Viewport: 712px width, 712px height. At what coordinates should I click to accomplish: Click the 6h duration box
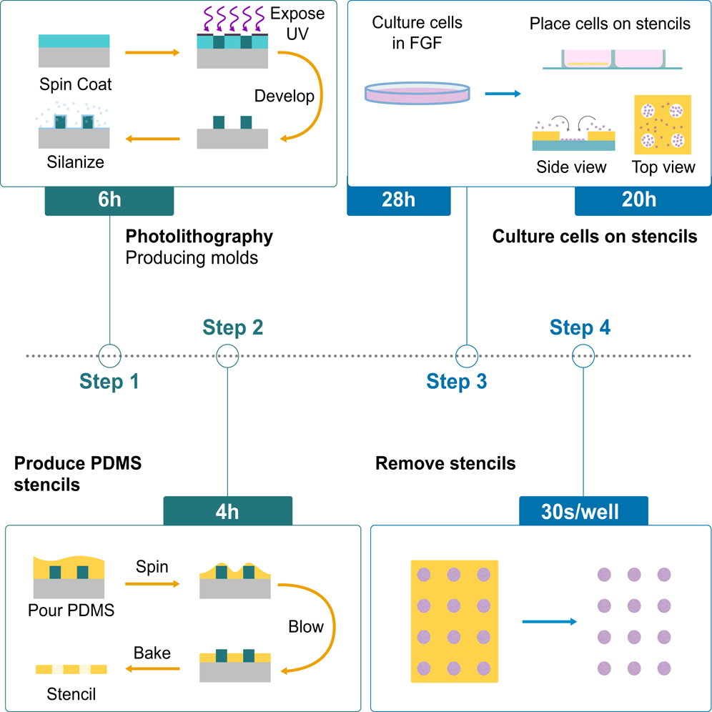[109, 201]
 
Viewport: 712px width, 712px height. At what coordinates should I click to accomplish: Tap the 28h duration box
[399, 201]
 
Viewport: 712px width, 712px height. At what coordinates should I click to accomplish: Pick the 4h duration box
[227, 512]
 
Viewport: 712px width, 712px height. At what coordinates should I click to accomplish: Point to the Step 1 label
[109, 382]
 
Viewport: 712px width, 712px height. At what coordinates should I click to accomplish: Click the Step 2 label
[233, 327]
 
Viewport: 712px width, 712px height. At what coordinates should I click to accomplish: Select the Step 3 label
[457, 382]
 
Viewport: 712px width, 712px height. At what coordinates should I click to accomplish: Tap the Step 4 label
[580, 327]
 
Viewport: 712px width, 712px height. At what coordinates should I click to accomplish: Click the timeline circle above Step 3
[467, 355]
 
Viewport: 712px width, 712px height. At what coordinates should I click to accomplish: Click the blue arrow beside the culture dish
[503, 93]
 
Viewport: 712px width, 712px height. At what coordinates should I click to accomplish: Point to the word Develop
[285, 97]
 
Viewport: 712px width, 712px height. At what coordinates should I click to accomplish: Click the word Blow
[306, 627]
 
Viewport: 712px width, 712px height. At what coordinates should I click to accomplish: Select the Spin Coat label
[76, 84]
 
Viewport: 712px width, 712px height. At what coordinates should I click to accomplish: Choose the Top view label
[663, 167]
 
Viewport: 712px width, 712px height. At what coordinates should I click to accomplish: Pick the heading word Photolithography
[199, 237]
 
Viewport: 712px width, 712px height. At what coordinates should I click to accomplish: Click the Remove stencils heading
[445, 463]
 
